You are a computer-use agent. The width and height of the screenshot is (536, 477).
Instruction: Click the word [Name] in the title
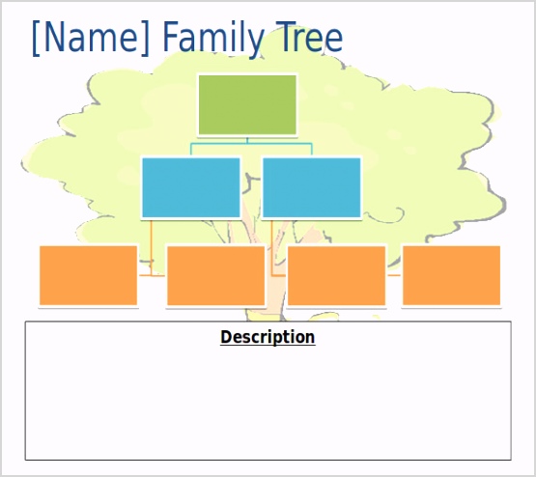pos(92,39)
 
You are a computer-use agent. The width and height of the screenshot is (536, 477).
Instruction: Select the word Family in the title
pos(212,39)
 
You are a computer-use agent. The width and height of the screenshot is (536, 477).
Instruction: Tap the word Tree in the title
pos(307,39)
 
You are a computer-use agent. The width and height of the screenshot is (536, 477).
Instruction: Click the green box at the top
pos(247,104)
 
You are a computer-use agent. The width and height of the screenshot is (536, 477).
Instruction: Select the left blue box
pos(190,186)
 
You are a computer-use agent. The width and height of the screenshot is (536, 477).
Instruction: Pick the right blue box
pos(311,186)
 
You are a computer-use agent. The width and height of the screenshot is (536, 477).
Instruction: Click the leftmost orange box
pos(88,275)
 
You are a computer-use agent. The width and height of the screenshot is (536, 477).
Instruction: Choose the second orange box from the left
pos(215,275)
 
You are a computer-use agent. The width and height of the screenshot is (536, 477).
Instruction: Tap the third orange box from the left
pos(336,275)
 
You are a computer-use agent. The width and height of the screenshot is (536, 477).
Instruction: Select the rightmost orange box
pos(451,275)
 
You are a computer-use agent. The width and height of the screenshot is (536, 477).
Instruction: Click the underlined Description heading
pos(268,337)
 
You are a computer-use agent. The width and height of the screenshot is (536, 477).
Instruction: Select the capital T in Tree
pos(282,39)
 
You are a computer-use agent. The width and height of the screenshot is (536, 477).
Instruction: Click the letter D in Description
pos(226,337)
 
